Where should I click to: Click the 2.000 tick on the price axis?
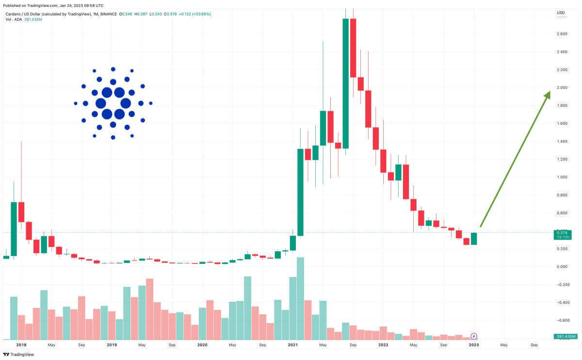coord(562,87)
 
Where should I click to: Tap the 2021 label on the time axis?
coord(292,345)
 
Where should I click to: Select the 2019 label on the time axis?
coord(112,345)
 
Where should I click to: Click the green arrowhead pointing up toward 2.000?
coord(547,95)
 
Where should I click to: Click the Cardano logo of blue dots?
coord(113,103)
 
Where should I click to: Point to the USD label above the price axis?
coord(561,12)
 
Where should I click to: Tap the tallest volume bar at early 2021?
coord(300,298)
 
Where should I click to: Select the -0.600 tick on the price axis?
coord(562,320)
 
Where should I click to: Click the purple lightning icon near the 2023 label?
coord(474,336)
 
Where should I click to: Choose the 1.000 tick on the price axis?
coord(562,177)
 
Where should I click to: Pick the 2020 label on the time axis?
coord(202,345)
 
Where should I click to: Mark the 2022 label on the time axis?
coord(383,345)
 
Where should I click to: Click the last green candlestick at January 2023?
coord(473,238)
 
